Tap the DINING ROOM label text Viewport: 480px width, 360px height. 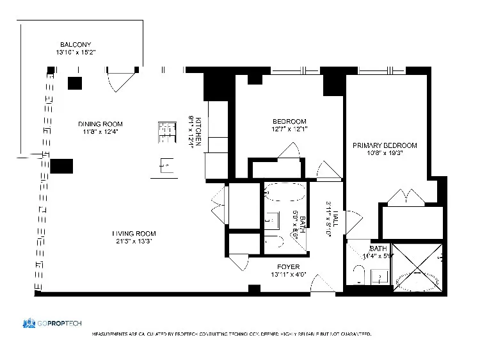coord(100,124)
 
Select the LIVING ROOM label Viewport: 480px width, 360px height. coord(134,233)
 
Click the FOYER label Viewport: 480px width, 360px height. coord(288,266)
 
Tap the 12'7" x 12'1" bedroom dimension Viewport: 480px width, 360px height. coord(289,129)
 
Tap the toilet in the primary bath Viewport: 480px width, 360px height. coord(360,276)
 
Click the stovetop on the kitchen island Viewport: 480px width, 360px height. coord(166,131)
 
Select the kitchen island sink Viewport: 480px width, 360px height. coord(165,167)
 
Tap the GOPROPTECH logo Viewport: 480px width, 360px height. coord(52,323)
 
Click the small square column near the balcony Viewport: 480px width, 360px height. coord(76,83)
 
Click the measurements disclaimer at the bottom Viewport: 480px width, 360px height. coord(232,334)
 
